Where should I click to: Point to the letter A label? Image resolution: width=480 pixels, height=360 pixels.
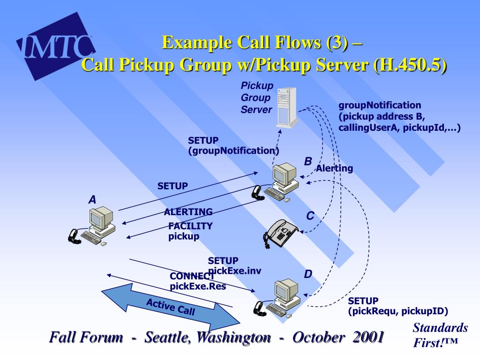92,200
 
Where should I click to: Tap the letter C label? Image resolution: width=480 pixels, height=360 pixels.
310,216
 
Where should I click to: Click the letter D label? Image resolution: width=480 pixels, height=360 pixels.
308,274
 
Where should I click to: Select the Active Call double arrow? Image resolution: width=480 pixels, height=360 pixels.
171,307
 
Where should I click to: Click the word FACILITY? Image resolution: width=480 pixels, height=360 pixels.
190,226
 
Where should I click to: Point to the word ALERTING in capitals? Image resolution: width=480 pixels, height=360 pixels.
188,212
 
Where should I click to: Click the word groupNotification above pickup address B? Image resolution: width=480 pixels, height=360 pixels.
380,105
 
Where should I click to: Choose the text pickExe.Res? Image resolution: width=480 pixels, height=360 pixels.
198,286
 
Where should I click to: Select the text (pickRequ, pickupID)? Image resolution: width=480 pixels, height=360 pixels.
398,311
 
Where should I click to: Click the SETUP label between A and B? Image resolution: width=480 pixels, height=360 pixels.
172,186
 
